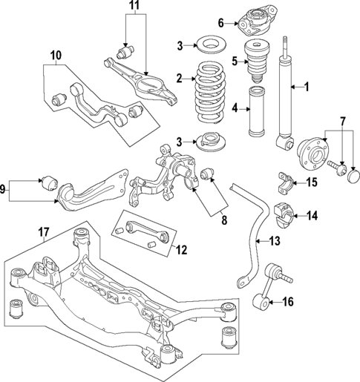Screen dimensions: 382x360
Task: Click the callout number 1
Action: (306, 88)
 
